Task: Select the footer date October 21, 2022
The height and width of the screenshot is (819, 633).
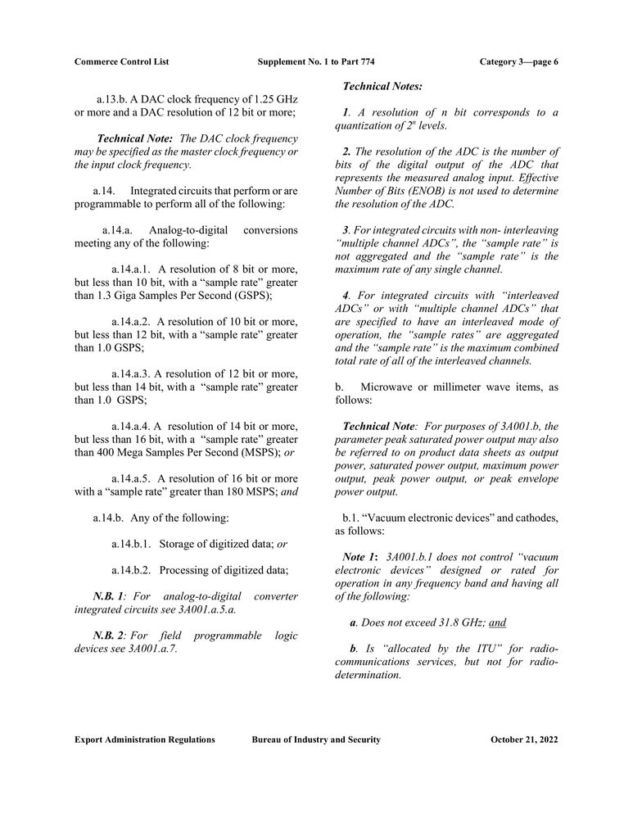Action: pyautogui.click(x=524, y=740)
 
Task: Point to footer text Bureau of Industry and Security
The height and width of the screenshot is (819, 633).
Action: pyautogui.click(x=316, y=740)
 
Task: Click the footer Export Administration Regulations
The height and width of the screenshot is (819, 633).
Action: pyautogui.click(x=145, y=740)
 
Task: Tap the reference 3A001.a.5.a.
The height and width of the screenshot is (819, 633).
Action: pyautogui.click(x=201, y=609)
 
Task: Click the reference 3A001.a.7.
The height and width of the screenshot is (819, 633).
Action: pyautogui.click(x=148, y=649)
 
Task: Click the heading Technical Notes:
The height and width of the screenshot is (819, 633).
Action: pyautogui.click(x=382, y=85)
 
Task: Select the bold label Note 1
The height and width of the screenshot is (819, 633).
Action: pyautogui.click(x=360, y=557)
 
